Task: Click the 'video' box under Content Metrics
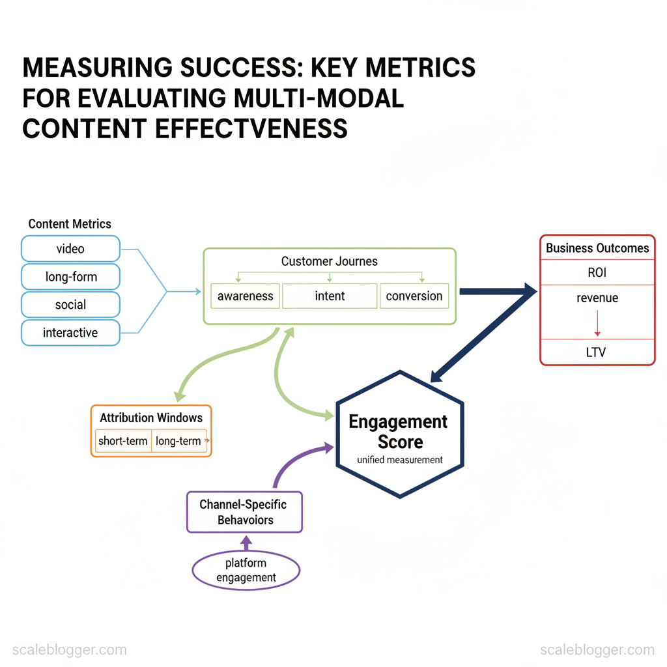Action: pos(70,249)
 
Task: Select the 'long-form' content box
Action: pos(70,277)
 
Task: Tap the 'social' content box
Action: pos(70,305)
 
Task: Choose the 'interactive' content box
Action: pos(70,333)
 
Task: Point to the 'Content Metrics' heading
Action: pos(70,224)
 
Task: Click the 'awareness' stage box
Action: pos(245,296)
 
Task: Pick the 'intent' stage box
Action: pos(330,296)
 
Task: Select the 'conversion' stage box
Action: pos(414,296)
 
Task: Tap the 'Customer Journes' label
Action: pos(330,261)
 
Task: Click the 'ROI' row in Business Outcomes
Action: pos(597,273)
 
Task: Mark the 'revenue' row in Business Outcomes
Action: pos(597,298)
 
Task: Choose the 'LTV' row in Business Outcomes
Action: pos(597,352)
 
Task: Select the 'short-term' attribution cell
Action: pos(123,441)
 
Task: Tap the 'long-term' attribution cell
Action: pos(178,441)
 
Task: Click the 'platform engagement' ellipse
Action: pos(246,570)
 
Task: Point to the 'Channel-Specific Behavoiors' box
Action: pos(245,512)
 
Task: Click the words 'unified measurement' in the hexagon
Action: pos(400,460)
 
